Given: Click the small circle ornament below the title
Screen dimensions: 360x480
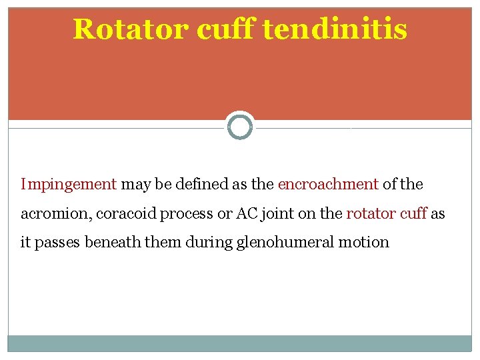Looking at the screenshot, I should (x=240, y=126).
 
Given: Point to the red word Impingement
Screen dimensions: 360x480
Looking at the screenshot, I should (x=69, y=184).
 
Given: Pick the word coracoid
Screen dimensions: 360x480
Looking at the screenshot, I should (x=127, y=213).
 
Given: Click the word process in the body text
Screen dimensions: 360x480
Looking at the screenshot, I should (x=184, y=213).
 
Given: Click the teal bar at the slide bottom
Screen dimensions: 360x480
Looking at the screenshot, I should (x=240, y=343).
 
